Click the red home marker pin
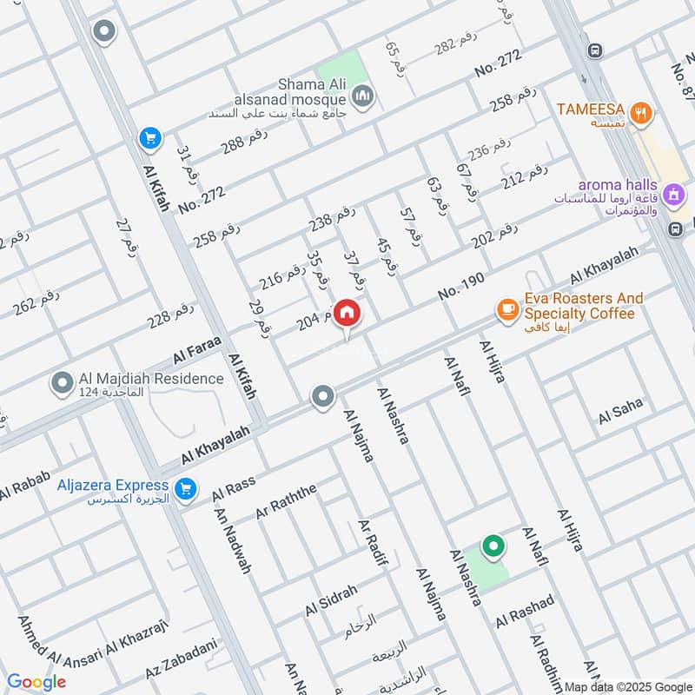point(347,314)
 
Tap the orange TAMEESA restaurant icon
point(641,111)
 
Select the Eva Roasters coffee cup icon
point(506,308)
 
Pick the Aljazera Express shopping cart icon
point(184,490)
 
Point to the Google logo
point(36,682)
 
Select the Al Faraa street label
point(198,349)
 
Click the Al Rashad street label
point(525,612)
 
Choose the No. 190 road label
point(461,287)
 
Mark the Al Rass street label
point(233,491)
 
